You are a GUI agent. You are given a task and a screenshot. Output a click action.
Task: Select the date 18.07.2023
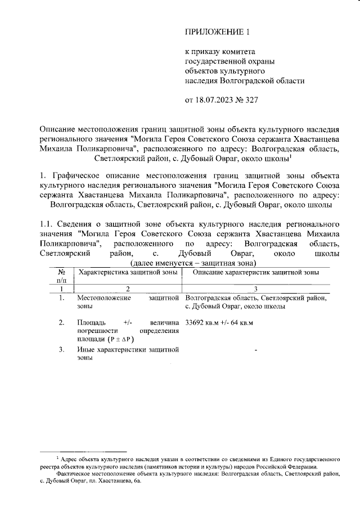coord(213,101)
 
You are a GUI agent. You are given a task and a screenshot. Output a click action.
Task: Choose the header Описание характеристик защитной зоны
coord(255,272)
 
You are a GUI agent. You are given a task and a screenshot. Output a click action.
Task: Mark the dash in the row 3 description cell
coord(256,351)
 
